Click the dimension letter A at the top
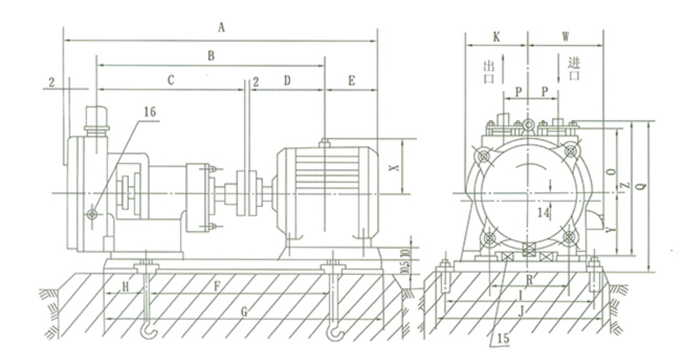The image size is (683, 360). (x=221, y=28)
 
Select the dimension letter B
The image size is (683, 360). (x=211, y=56)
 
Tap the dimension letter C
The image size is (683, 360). (x=171, y=80)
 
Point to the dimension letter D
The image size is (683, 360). (x=287, y=81)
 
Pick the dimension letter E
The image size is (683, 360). (x=352, y=81)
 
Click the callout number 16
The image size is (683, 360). (x=149, y=112)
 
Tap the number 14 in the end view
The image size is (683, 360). (x=542, y=213)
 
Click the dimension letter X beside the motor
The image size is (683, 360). (x=394, y=167)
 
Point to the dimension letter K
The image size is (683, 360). (x=497, y=37)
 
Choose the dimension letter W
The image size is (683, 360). (x=566, y=37)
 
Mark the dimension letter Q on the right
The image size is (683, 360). (x=641, y=186)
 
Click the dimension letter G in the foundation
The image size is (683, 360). (x=244, y=311)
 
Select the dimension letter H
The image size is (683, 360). (x=126, y=287)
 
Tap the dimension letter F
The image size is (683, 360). (x=218, y=286)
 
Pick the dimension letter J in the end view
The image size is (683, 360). (x=521, y=310)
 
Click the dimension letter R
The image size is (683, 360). (x=529, y=280)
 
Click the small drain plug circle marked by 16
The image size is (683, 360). (x=92, y=214)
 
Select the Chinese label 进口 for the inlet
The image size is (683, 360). (x=574, y=69)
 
